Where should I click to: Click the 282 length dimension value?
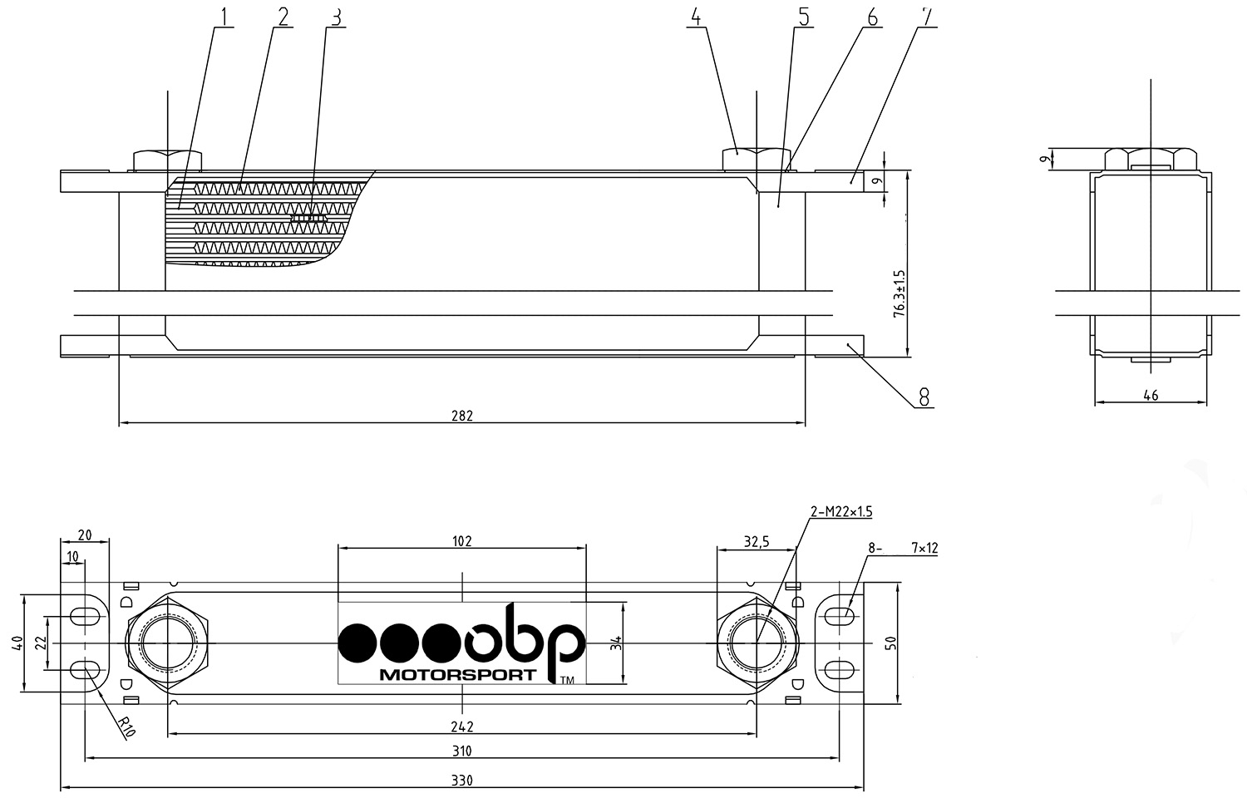click(x=462, y=416)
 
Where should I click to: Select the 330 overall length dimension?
click(x=462, y=781)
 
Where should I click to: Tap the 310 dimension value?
click(x=462, y=751)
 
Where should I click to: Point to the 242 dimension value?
click(x=462, y=727)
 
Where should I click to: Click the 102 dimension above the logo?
click(x=462, y=541)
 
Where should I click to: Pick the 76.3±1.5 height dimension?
click(x=900, y=293)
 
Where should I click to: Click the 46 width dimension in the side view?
click(x=1151, y=395)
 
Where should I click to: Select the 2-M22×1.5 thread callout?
click(x=841, y=511)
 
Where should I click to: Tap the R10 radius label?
click(x=127, y=727)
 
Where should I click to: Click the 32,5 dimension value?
click(x=757, y=541)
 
